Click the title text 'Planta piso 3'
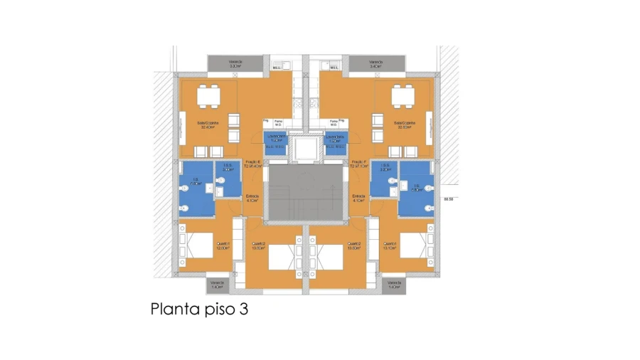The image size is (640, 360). (x=198, y=309)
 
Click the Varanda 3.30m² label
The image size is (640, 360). (x=235, y=64)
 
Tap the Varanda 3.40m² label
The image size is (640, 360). (x=377, y=64)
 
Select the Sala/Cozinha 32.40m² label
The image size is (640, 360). (x=206, y=125)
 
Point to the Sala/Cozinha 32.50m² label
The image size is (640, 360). (x=405, y=125)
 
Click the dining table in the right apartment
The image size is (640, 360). (x=403, y=94)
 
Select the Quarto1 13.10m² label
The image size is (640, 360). (x=388, y=246)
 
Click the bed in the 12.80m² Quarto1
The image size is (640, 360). (x=198, y=246)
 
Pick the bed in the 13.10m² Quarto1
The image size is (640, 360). (x=414, y=246)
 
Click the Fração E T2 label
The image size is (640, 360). (x=254, y=164)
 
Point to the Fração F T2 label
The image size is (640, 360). (x=358, y=164)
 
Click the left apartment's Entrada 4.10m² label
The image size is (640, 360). (x=252, y=198)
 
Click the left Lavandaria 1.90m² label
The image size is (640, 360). (x=276, y=138)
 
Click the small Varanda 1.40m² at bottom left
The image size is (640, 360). (x=218, y=285)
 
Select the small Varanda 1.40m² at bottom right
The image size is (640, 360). (x=394, y=285)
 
